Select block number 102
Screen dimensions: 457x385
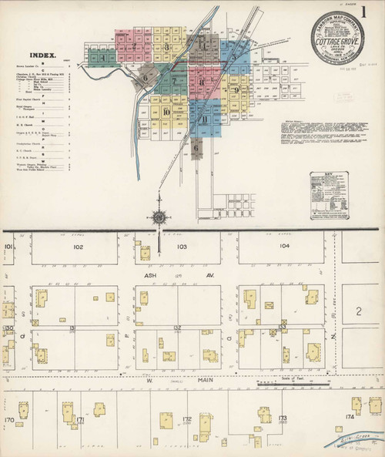(78, 247)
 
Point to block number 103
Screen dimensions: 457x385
(182, 247)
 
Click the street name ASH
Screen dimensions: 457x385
(150, 274)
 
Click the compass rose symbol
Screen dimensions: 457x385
(160, 217)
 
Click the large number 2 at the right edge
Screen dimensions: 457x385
(359, 311)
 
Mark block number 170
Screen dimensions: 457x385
(9, 421)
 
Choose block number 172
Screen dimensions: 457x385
(186, 419)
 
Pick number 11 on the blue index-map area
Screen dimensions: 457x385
(203, 119)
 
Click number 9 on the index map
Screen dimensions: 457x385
(236, 90)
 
